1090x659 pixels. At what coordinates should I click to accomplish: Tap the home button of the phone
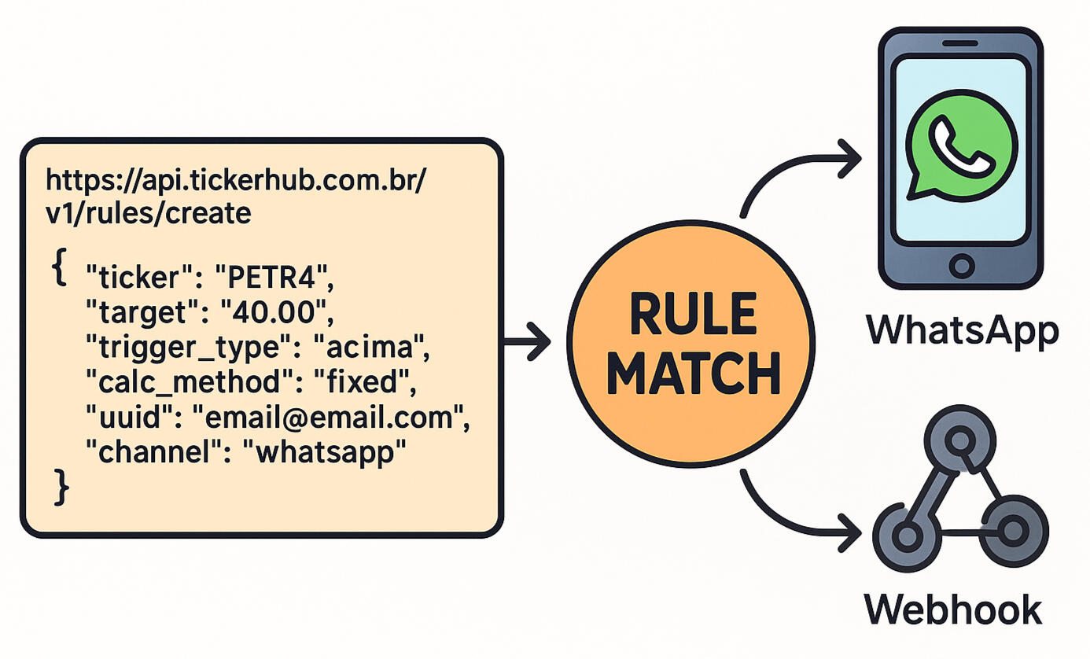[960, 265]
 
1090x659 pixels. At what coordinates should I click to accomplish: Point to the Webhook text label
[952, 609]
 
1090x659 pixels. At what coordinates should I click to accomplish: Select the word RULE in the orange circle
[692, 315]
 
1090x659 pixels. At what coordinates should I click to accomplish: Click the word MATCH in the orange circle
[692, 374]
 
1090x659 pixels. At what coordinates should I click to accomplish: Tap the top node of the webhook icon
[959, 442]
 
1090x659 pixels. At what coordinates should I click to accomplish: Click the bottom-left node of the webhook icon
[906, 537]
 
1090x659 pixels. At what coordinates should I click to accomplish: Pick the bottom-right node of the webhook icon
[1013, 528]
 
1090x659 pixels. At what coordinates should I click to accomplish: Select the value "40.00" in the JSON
[276, 313]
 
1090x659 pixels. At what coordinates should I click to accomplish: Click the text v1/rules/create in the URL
[149, 212]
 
